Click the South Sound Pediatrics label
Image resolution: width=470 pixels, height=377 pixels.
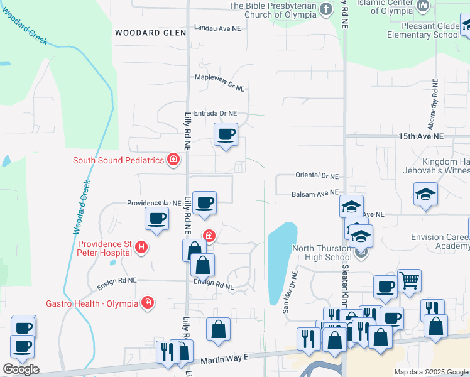coord(118,160)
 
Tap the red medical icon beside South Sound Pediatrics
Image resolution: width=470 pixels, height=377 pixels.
coord(173,160)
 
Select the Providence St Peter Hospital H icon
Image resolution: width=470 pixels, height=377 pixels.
coord(142,248)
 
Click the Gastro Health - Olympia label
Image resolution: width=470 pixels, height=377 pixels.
coord(92,303)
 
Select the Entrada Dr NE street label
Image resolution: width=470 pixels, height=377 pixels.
coord(216,114)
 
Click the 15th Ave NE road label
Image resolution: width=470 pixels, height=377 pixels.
coord(421,136)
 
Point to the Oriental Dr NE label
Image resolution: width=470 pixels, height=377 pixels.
coord(317,177)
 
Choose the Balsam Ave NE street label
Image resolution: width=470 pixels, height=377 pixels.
coord(315,194)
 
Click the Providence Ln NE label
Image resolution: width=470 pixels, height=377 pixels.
coord(154,204)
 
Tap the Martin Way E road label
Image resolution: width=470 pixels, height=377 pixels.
coord(225,359)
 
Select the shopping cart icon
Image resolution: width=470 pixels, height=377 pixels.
coord(409,280)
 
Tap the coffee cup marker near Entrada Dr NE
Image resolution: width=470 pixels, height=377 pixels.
coord(226,133)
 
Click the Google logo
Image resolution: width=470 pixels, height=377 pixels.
coord(21,369)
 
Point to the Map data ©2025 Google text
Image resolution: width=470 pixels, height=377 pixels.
coord(430,372)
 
